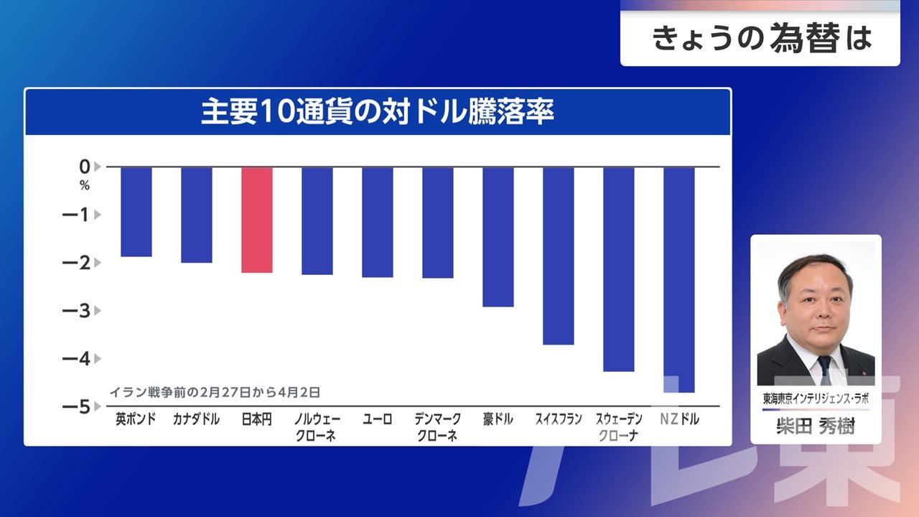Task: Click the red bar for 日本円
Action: [x=257, y=220]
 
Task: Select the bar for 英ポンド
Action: [x=136, y=212]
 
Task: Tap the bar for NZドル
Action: [x=679, y=280]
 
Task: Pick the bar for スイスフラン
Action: [x=559, y=256]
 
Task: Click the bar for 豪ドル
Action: [x=498, y=237]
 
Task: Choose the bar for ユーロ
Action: [x=378, y=222]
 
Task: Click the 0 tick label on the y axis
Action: [x=85, y=167]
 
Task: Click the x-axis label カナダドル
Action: [x=196, y=419]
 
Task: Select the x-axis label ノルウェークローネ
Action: [x=317, y=427]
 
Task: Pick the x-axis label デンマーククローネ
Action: [x=437, y=427]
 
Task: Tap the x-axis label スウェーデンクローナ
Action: [x=618, y=427]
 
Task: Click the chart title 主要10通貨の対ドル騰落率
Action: [x=378, y=113]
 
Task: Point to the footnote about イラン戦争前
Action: [x=215, y=393]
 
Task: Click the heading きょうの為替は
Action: [x=761, y=39]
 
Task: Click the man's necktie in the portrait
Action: [x=824, y=369]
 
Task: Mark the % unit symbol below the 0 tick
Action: [x=85, y=186]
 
